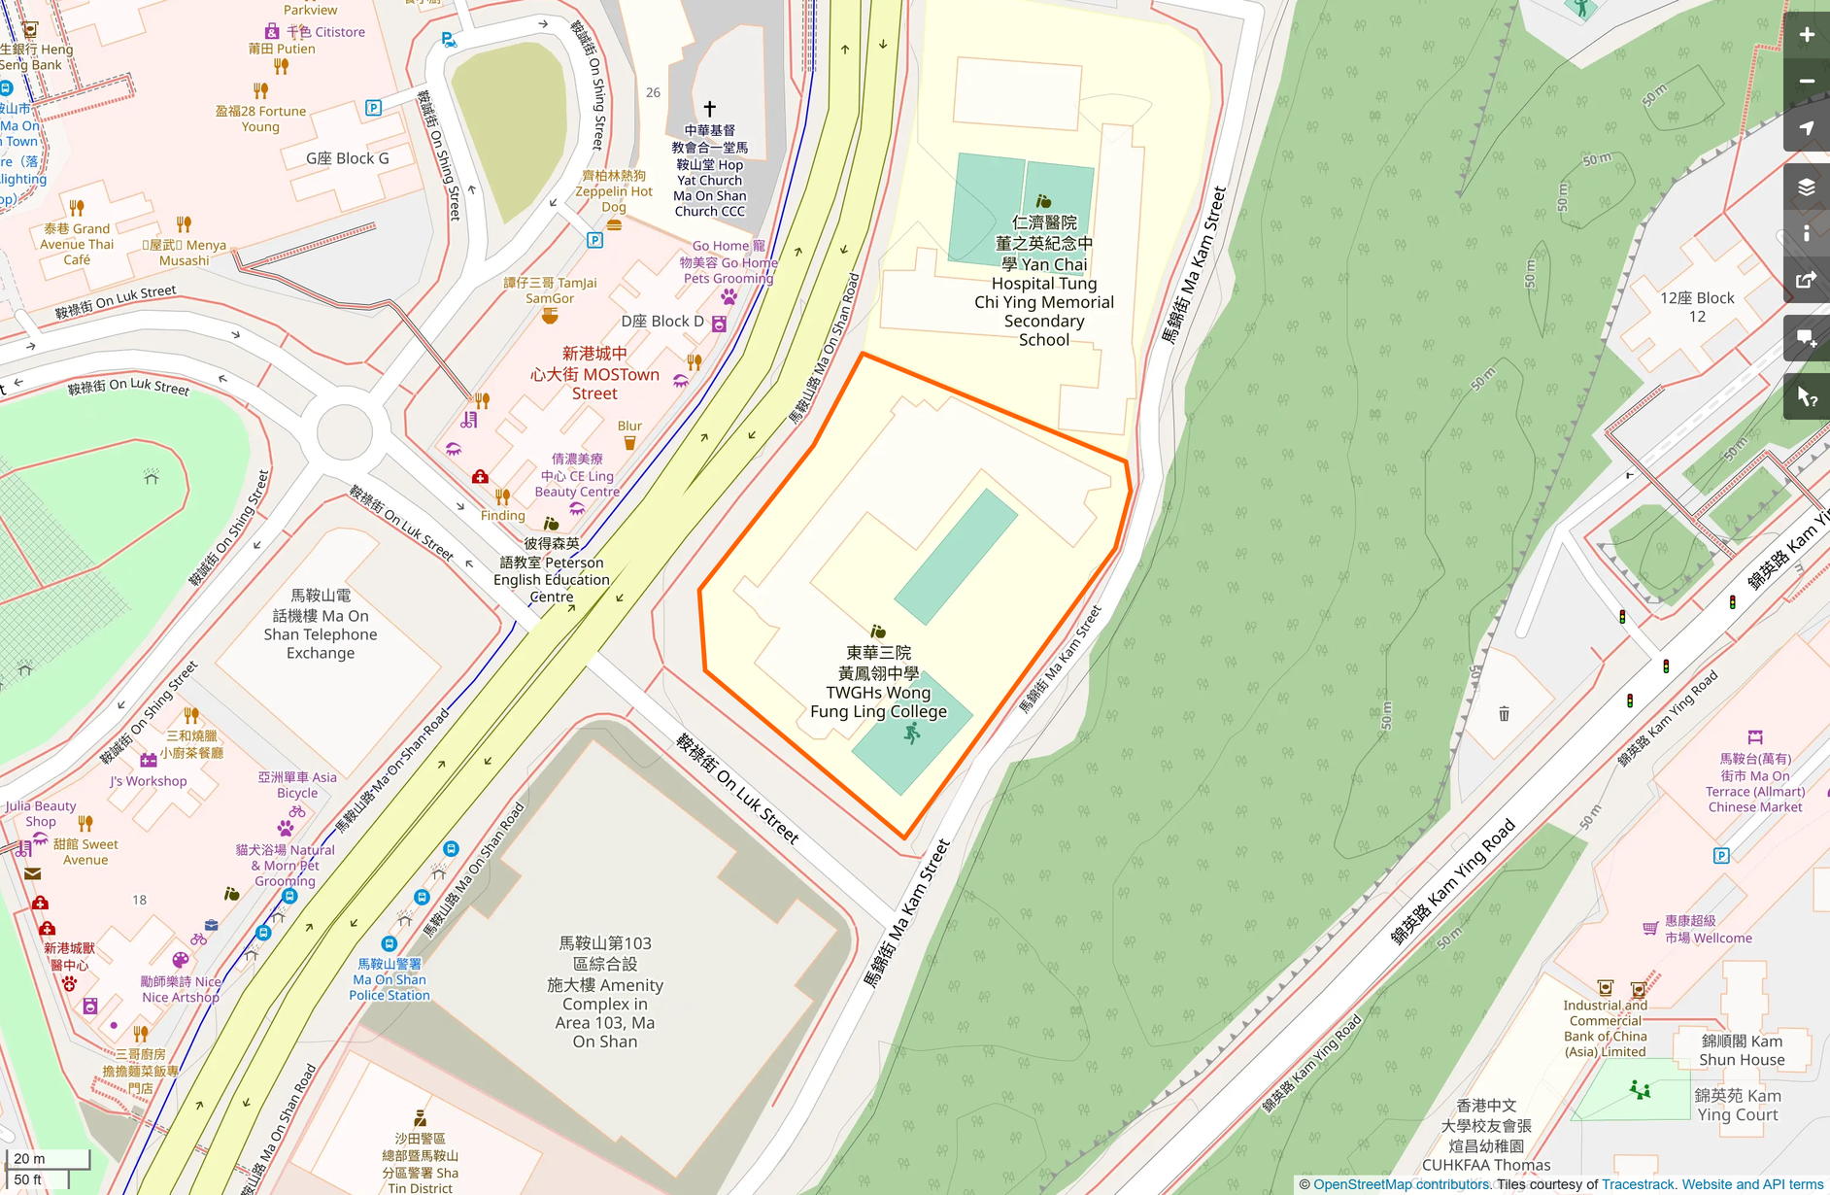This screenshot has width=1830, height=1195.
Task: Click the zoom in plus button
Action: click(1806, 35)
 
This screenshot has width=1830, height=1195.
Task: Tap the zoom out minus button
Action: click(1806, 82)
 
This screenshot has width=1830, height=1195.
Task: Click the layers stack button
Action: click(1806, 188)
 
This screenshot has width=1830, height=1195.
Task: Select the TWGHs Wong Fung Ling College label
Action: click(878, 683)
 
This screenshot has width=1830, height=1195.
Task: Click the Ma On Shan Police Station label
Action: click(389, 979)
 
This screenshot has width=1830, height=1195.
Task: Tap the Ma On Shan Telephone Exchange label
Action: click(321, 625)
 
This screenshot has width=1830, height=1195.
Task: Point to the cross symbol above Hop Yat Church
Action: click(709, 108)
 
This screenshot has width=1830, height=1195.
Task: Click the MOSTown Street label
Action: click(594, 374)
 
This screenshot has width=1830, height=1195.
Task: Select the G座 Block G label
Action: click(347, 158)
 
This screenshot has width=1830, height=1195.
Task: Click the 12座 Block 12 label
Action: click(1696, 306)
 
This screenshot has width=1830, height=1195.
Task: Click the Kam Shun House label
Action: click(1742, 1050)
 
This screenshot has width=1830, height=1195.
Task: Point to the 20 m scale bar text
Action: click(29, 1158)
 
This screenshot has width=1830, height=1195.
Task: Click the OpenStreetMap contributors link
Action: click(1402, 1184)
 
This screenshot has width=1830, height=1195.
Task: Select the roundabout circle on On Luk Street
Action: click(344, 431)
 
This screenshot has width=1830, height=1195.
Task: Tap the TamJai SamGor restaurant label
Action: click(550, 290)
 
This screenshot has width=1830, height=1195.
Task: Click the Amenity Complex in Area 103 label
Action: click(604, 992)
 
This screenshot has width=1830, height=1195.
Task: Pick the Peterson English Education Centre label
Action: click(551, 570)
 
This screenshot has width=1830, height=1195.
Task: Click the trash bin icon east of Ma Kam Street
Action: click(1504, 714)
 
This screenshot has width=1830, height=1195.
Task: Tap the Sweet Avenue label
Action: click(85, 852)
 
